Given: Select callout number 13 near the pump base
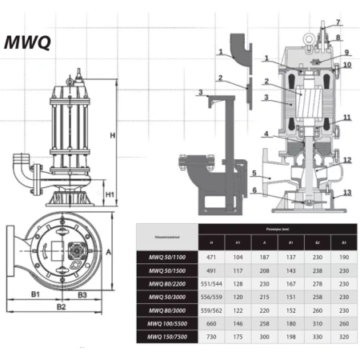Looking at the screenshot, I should tap(346, 192).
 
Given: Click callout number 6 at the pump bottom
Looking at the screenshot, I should tap(253, 190).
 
